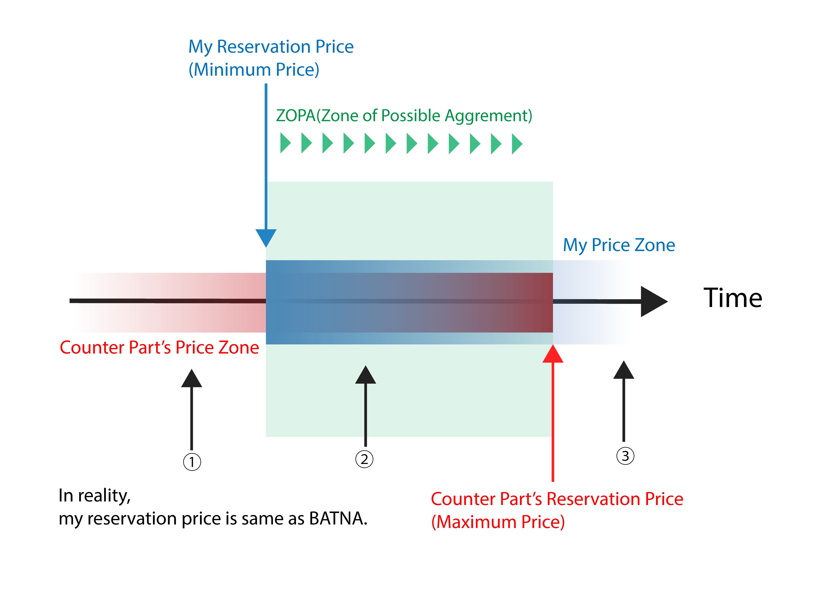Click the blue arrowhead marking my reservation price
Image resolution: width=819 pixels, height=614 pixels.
[x=266, y=237]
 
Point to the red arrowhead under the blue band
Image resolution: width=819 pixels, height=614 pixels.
[x=553, y=355]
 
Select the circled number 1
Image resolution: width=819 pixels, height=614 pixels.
[x=192, y=462]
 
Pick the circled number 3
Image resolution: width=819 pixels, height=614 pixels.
[x=625, y=456]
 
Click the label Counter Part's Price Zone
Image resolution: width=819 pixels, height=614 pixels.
[x=159, y=347]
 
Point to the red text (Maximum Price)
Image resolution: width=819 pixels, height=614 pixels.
[x=498, y=522]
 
